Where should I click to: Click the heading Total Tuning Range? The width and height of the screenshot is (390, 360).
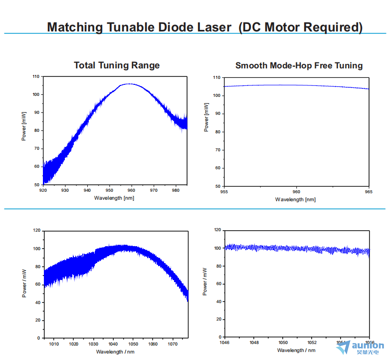(x=117, y=65)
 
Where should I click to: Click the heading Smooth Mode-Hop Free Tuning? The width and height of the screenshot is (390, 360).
(x=299, y=65)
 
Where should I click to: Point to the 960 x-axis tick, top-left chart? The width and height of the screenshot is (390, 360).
(x=131, y=190)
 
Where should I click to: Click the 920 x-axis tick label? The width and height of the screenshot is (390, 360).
(x=43, y=190)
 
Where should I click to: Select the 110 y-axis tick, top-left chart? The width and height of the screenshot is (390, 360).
(x=35, y=76)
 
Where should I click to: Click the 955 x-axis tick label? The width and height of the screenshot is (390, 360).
(x=224, y=192)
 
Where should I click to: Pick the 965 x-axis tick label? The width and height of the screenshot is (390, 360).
(x=369, y=192)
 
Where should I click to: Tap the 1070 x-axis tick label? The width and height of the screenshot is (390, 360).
(x=173, y=344)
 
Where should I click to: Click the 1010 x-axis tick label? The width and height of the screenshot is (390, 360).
(x=54, y=344)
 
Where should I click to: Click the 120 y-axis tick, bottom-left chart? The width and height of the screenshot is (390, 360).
(x=36, y=230)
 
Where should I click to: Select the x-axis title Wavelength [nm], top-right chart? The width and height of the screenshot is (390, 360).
(x=295, y=199)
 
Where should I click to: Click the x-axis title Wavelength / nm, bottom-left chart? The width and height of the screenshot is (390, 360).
(x=115, y=352)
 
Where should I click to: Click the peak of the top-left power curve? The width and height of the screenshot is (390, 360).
(x=129, y=84)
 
